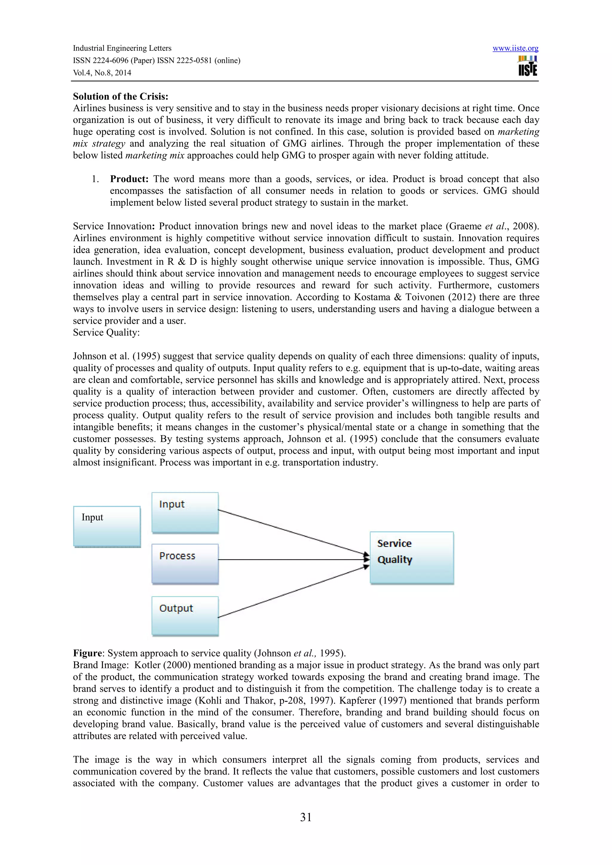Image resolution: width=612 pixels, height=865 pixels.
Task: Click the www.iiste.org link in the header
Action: coord(515,49)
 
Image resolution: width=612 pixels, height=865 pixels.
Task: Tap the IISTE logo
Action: coord(527,66)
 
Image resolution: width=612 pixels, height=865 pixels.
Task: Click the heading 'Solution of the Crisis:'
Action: coord(121,96)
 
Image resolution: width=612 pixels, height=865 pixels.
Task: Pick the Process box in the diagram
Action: coord(185,564)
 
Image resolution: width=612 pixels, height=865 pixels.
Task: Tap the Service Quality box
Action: coord(411,558)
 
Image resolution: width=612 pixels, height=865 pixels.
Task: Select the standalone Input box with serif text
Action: coord(107,526)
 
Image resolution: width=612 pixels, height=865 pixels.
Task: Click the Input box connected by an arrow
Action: coord(185,512)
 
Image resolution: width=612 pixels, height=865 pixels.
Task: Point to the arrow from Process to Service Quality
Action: coord(292,559)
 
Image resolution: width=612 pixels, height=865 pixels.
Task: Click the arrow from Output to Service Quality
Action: coord(292,592)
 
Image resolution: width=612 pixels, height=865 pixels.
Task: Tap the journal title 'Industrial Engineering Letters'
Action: coord(122,48)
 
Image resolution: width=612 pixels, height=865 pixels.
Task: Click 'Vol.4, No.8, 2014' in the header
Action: coord(102,73)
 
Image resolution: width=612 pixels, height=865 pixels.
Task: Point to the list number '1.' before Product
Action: coord(95,179)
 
